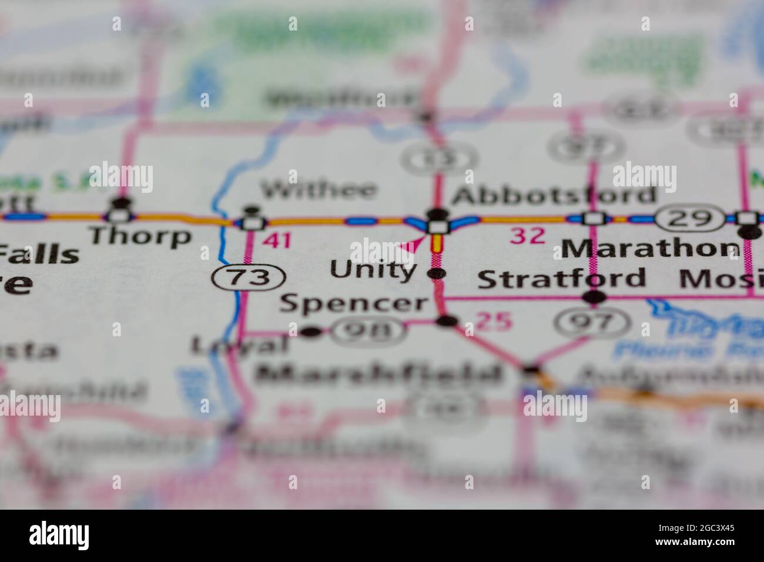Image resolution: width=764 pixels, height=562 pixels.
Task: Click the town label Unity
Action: click(373, 271)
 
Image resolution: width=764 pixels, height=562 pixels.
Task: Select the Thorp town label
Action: click(140, 236)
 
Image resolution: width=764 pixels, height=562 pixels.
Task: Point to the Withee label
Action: click(319, 189)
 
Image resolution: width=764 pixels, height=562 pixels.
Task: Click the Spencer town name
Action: click(354, 303)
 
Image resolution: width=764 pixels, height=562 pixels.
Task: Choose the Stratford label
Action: click(561, 278)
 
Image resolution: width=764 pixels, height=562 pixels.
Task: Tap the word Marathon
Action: click(650, 248)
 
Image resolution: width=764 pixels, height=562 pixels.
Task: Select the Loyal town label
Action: click(240, 346)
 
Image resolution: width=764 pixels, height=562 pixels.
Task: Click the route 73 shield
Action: click(249, 276)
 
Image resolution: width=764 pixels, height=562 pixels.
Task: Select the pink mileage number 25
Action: click(493, 320)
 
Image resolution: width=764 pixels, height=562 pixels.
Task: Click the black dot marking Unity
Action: click(435, 273)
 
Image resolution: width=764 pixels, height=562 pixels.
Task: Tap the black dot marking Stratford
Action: click(594, 297)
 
